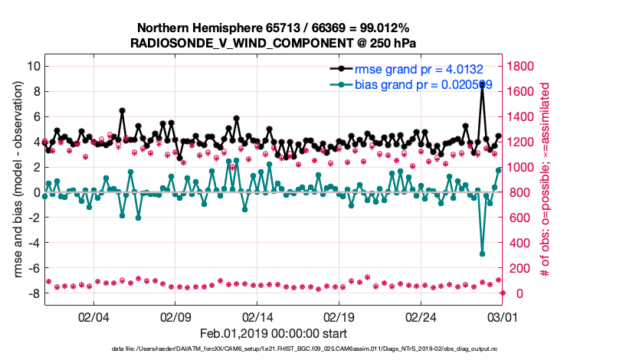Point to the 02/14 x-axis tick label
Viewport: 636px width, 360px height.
coord(258,316)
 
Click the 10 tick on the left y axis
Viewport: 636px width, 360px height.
coord(33,66)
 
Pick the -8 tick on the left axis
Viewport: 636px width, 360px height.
coord(32,293)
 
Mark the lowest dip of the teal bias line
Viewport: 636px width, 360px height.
coord(482,253)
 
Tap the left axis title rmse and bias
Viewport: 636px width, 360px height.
coord(18,179)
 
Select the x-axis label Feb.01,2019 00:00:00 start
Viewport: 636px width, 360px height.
coord(274,333)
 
